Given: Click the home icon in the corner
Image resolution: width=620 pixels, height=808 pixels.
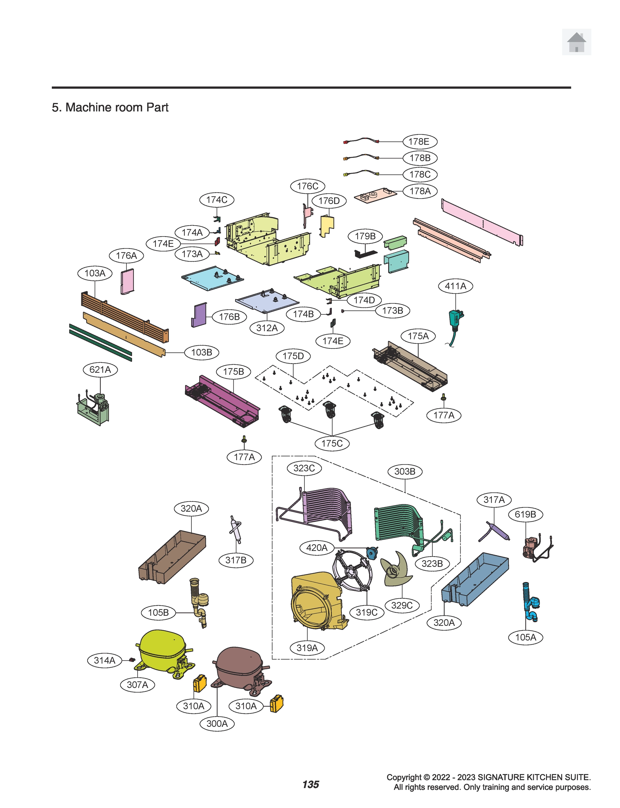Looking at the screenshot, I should (x=576, y=42).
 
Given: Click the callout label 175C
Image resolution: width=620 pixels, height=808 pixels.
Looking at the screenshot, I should (x=332, y=443).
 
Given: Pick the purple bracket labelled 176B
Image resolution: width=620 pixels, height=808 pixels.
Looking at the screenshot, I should (x=199, y=315).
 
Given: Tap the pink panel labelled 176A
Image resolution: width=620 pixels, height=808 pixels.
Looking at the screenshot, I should (x=127, y=281).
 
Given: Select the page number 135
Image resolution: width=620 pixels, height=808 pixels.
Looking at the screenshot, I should (x=311, y=784).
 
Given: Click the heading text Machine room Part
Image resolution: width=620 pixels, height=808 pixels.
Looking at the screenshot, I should (x=110, y=107).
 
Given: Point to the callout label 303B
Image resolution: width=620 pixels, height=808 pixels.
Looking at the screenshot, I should (x=404, y=471).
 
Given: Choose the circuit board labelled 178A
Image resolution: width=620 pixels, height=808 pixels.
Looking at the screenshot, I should (x=375, y=195).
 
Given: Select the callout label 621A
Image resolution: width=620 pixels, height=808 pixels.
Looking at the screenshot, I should (x=100, y=369).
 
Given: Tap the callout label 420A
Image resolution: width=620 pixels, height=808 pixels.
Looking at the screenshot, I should (x=317, y=547).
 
